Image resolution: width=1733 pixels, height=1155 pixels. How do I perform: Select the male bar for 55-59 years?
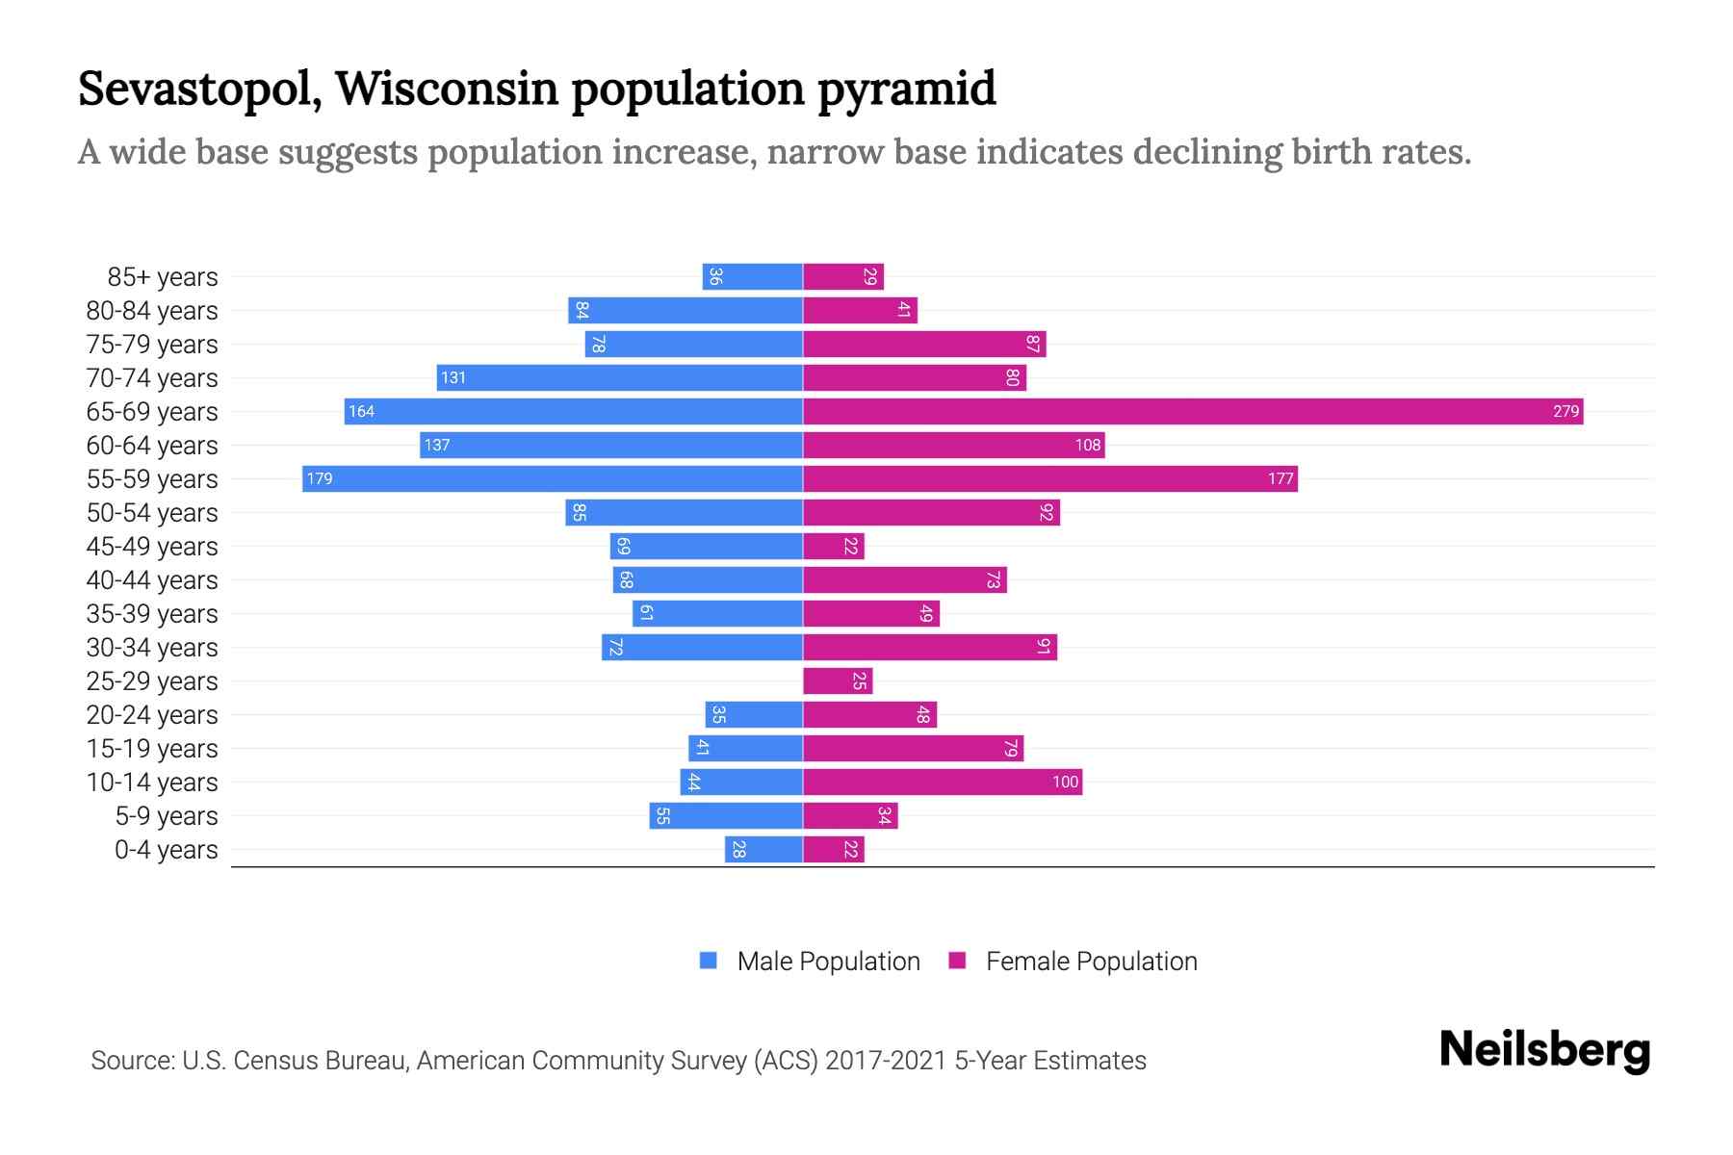(553, 479)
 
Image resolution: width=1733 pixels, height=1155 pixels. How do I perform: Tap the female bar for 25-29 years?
(838, 681)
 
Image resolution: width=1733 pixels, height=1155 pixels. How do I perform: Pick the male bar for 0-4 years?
(763, 850)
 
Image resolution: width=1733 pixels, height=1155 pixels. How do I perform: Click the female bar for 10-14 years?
(942, 783)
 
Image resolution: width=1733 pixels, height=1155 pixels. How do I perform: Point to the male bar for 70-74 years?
(620, 378)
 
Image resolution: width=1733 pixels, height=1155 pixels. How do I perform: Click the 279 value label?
(1565, 412)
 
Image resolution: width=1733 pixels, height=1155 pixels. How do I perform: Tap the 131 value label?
(453, 378)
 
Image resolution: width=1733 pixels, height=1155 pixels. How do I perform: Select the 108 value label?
(1088, 446)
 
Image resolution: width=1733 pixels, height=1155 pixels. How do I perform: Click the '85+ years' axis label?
(163, 277)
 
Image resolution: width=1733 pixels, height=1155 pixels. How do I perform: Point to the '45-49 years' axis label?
(152, 547)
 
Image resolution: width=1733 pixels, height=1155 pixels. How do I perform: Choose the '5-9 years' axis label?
(167, 816)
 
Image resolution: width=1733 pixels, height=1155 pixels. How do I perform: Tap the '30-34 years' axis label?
(152, 648)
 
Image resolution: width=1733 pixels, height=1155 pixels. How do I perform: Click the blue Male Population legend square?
(709, 961)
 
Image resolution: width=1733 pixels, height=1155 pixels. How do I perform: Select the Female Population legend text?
(1091, 962)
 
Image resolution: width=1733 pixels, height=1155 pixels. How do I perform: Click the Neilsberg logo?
(1544, 1050)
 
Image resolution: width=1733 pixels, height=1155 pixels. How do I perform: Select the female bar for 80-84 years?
(860, 311)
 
